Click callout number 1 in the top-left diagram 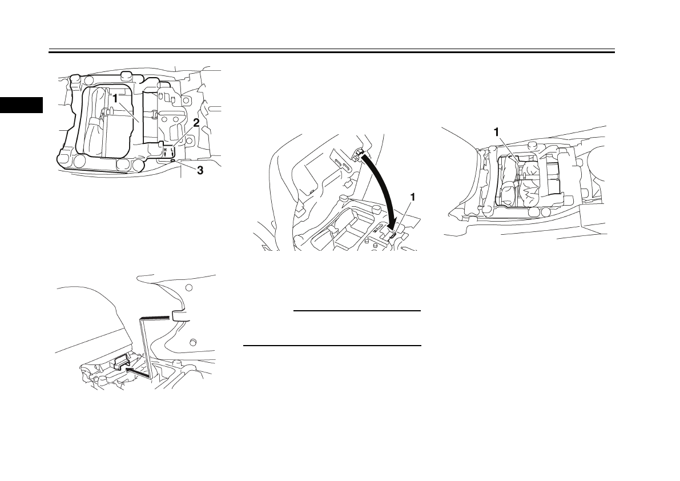point(115,98)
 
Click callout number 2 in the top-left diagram point(196,122)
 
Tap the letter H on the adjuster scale point(166,149)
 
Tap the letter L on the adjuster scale point(172,149)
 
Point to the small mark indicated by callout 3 point(172,162)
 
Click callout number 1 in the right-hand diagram point(497,131)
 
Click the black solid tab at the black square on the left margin point(21,105)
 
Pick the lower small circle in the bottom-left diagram point(192,342)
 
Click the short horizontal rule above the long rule point(356,311)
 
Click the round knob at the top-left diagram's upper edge point(127,75)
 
